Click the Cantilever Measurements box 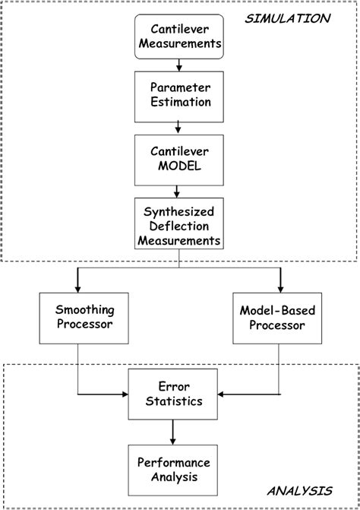179,36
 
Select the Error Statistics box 175,393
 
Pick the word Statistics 175,401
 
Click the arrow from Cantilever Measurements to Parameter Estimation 179,65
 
